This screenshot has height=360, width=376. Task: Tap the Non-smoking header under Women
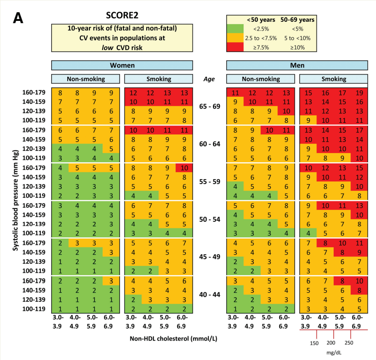point(86,79)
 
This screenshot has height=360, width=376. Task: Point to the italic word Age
point(208,79)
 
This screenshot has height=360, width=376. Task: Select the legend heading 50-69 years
point(297,20)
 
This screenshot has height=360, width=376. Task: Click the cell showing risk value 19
point(359,92)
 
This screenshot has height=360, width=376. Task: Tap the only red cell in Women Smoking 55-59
point(184,167)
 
